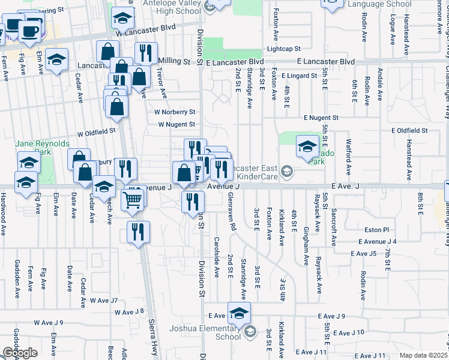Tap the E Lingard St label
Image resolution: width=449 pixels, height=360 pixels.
coord(299,76)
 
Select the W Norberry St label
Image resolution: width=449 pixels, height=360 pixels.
coord(175,112)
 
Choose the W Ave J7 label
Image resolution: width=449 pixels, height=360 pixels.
coord(104,300)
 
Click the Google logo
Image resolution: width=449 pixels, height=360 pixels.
coord(19,353)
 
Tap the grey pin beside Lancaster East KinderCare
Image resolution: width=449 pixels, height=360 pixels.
coord(287,173)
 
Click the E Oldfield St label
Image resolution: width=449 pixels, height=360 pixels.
coord(409,146)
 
